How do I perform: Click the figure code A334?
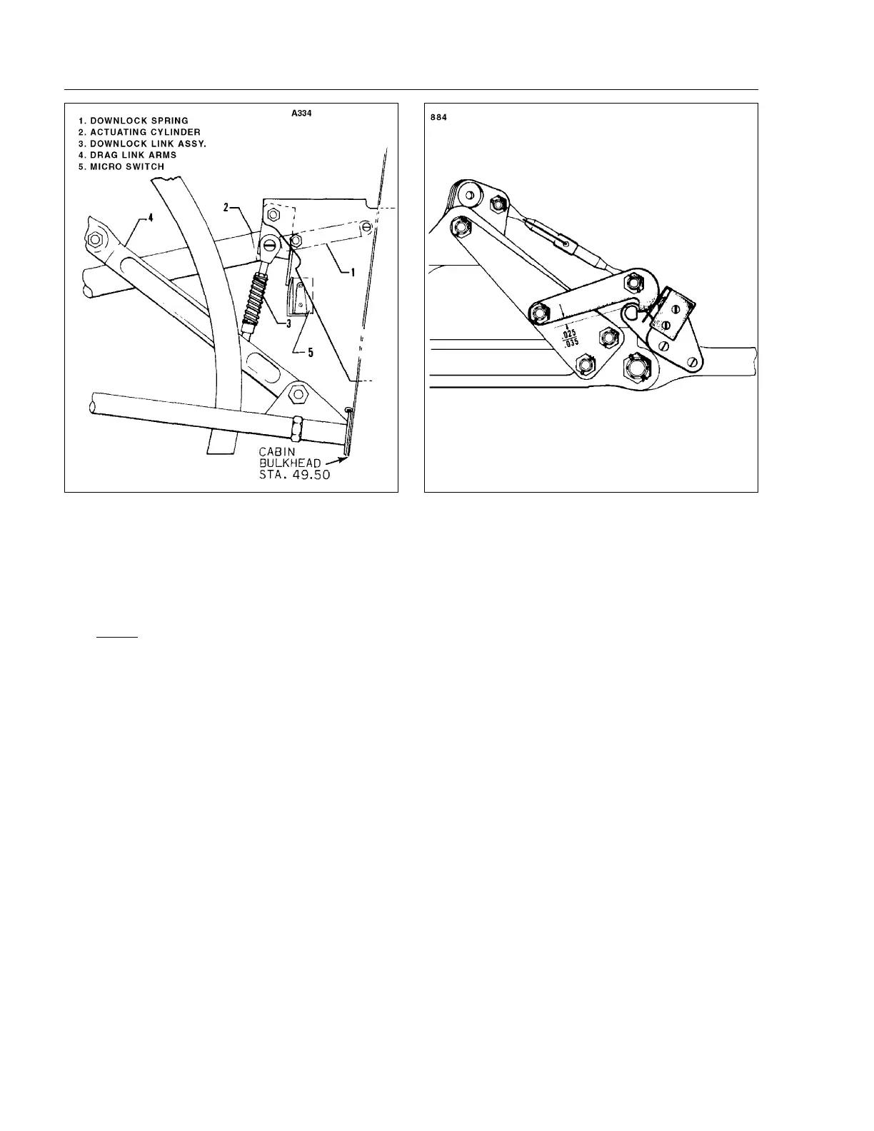tap(301, 113)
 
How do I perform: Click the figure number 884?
tap(438, 118)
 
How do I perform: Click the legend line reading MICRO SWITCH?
tap(121, 166)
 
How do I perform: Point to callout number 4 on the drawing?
tap(150, 218)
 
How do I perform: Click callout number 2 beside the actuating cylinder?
tap(226, 207)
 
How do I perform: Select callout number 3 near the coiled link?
tap(288, 323)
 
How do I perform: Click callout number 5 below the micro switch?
tap(310, 353)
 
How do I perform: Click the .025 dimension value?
tap(569, 333)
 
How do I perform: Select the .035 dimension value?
tap(569, 342)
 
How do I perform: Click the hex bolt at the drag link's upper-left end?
tap(94, 238)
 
